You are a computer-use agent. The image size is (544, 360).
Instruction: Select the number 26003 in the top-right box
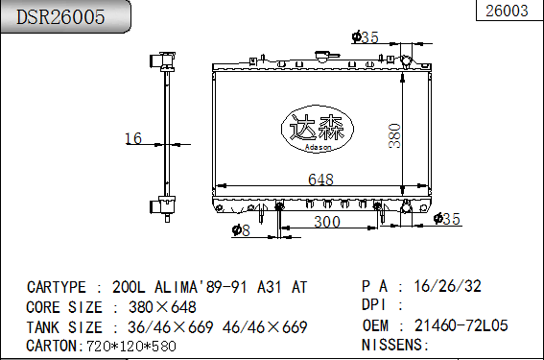point(507,11)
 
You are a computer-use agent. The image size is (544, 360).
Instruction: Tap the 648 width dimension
point(321,179)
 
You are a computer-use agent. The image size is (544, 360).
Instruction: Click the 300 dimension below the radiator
point(327,223)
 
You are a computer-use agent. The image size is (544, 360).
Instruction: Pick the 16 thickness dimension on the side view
point(133,139)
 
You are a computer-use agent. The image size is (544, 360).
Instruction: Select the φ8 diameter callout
point(241,230)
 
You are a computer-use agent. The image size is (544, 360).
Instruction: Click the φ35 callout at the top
point(366,38)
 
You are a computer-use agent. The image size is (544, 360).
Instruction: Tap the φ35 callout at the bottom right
point(447,220)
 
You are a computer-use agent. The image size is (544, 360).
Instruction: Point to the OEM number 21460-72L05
point(461,326)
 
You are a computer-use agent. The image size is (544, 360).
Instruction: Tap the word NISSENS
point(393,345)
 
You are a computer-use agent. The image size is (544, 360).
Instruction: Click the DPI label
point(377,305)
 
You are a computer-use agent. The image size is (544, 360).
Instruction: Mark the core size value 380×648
point(154,307)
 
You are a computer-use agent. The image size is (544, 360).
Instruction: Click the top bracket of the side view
point(160,63)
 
